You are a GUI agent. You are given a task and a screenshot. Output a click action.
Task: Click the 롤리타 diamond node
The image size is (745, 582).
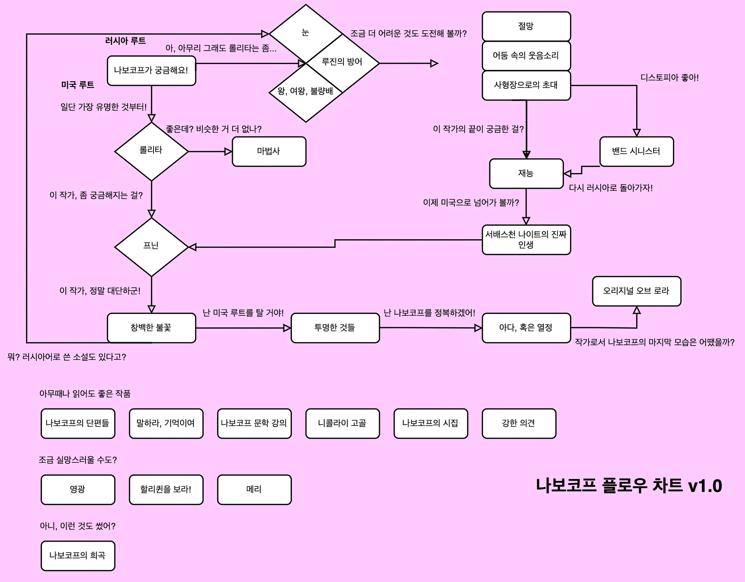[151, 151]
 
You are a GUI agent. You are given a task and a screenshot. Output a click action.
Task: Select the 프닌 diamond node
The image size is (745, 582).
[151, 247]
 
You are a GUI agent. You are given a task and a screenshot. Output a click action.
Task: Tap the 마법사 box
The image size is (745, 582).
[269, 151]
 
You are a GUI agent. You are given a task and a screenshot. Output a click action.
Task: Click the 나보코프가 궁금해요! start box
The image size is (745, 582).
[151, 71]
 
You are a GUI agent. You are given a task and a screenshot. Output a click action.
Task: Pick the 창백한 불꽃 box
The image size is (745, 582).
[151, 328]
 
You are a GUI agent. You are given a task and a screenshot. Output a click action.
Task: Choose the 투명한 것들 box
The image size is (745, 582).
[335, 328]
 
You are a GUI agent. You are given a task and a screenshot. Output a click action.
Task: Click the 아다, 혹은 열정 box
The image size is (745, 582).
[526, 328]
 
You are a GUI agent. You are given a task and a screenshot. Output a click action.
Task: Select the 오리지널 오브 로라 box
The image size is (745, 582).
[637, 291]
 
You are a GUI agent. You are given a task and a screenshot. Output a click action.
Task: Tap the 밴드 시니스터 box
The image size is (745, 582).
[637, 151]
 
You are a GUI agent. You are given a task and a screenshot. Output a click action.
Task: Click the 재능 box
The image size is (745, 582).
[526, 174]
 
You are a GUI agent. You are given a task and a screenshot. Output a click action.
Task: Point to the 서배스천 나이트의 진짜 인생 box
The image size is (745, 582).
[526, 240]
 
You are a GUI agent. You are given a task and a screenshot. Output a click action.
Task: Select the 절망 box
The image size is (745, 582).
[526, 26]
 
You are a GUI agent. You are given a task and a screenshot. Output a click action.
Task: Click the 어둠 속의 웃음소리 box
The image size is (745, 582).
[526, 56]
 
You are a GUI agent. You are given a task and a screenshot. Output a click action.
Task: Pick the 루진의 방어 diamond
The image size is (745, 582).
[342, 63]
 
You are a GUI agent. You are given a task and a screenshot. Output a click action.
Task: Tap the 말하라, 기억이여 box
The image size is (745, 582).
[166, 423]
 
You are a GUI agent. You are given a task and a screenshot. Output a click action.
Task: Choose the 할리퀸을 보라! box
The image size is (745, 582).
[166, 490]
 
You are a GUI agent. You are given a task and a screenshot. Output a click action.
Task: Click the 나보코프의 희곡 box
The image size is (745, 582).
[78, 556]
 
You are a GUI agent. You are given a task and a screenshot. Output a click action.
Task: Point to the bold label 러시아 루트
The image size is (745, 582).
[126, 41]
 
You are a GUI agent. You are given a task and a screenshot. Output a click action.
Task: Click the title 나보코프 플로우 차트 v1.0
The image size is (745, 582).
[629, 486]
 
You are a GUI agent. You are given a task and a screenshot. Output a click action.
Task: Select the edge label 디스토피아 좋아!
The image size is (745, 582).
[669, 77]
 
